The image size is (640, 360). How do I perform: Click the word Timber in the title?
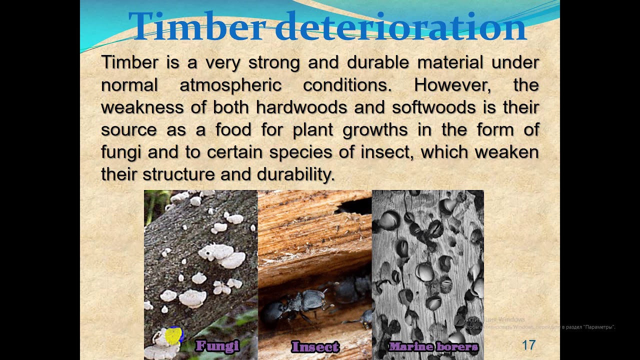point(195,26)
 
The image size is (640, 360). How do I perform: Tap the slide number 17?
point(528,345)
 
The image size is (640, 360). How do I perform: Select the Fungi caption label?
point(217,345)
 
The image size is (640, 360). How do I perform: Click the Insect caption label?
point(315,346)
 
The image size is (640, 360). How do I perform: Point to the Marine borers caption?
point(433,346)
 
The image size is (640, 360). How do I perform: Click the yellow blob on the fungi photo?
point(173,335)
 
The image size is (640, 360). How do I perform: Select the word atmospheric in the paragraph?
point(230,85)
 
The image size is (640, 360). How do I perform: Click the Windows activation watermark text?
point(494,319)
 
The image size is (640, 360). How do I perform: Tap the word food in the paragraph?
point(233,130)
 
